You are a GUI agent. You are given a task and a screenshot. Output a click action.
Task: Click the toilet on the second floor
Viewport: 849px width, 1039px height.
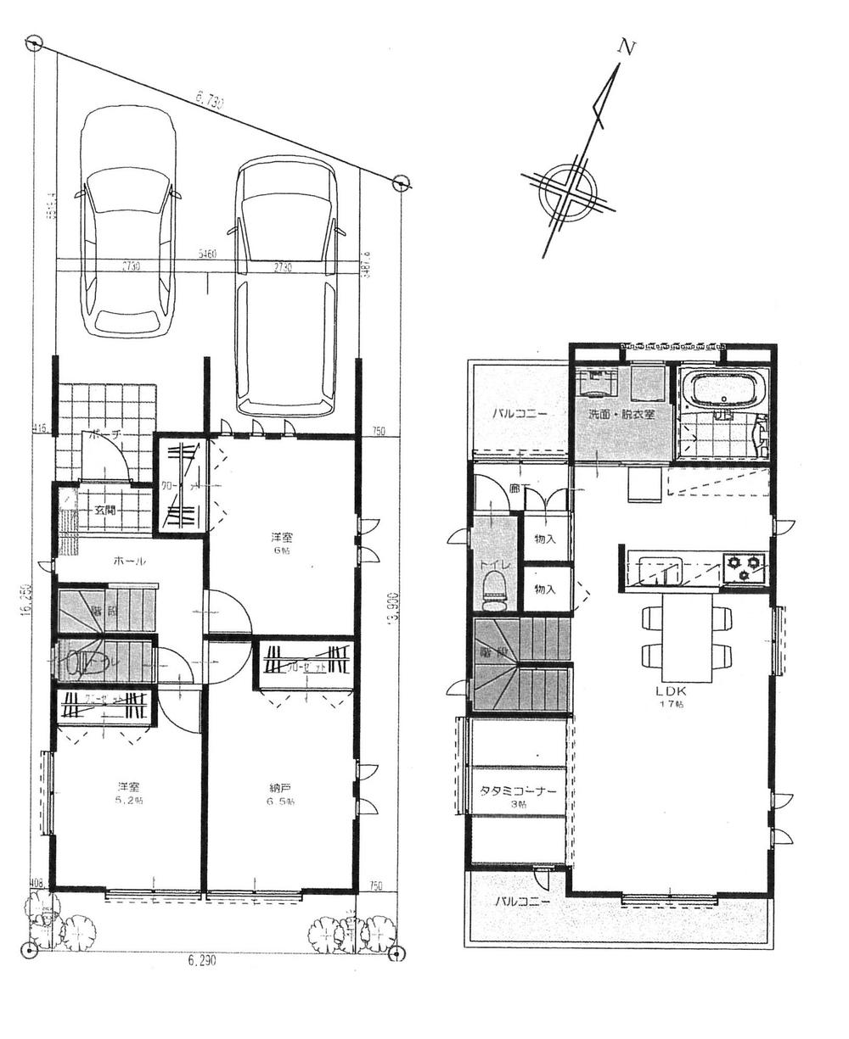click(x=494, y=589)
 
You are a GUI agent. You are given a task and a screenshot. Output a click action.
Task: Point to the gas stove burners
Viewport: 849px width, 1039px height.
click(x=744, y=566)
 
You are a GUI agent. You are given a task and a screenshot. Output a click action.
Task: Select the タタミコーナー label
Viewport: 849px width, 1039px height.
click(x=518, y=791)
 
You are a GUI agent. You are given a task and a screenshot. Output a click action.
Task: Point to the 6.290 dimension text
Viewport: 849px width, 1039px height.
click(x=202, y=961)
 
